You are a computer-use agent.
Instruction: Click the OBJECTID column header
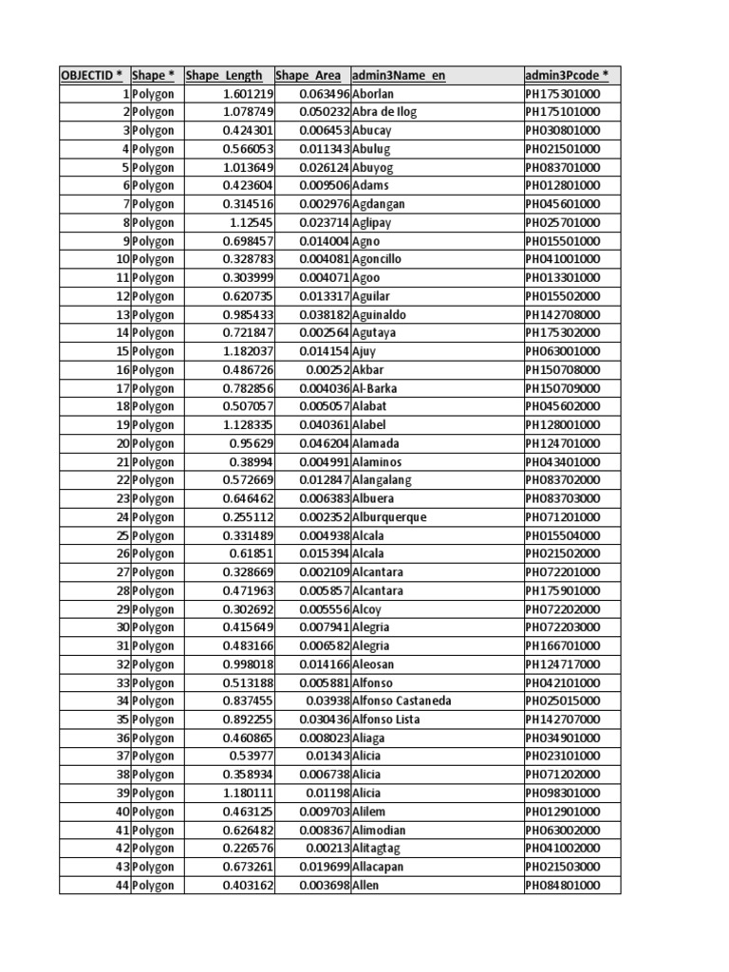click(x=92, y=76)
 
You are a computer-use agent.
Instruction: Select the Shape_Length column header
click(x=225, y=76)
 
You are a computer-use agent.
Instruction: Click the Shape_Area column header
click(x=308, y=76)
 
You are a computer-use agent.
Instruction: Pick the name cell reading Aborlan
click(x=373, y=94)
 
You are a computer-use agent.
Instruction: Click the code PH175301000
click(x=562, y=94)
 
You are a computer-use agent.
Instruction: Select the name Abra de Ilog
click(x=384, y=112)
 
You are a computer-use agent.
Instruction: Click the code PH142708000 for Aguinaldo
click(x=562, y=314)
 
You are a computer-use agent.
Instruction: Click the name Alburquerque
click(x=389, y=517)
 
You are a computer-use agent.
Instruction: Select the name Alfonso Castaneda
click(x=402, y=701)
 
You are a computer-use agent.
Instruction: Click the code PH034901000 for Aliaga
click(x=562, y=738)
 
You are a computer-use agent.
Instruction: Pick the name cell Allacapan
click(x=380, y=868)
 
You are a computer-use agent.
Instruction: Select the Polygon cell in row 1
click(x=153, y=94)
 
